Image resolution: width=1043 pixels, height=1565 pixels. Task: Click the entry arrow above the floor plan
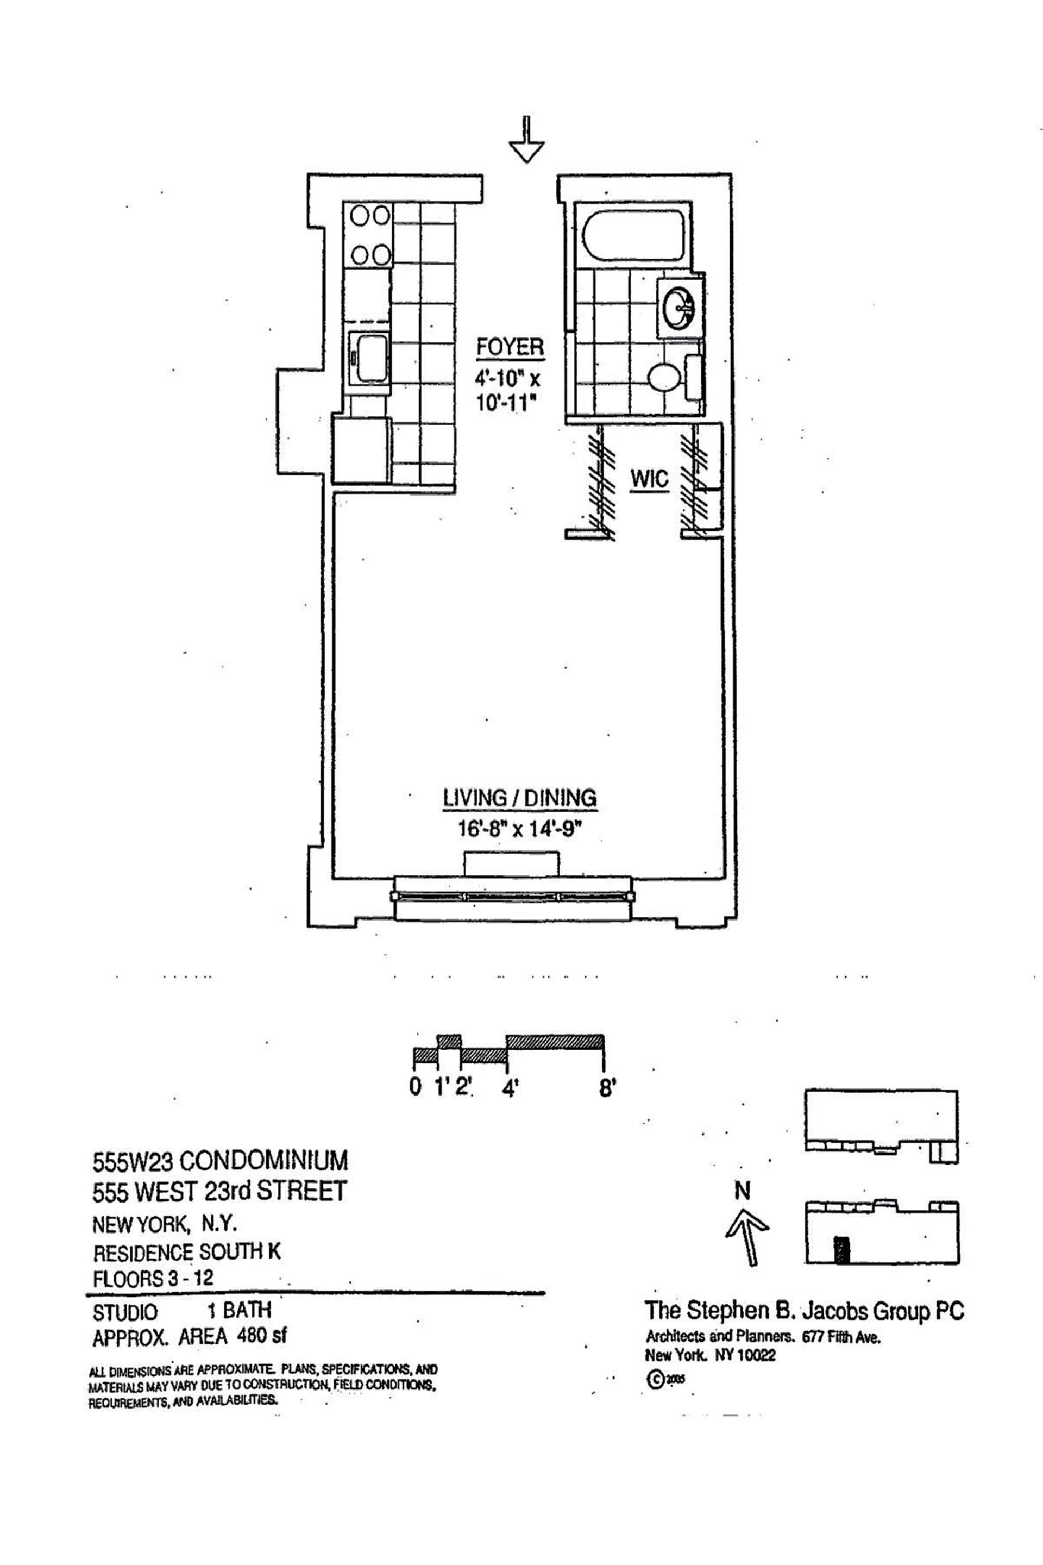(x=526, y=142)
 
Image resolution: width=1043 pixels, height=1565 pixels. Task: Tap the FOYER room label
(x=510, y=348)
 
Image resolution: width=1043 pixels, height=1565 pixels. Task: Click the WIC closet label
(x=649, y=479)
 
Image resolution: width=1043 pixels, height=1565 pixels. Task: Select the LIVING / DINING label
(x=519, y=798)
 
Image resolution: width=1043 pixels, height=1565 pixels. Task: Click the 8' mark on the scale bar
(x=607, y=1089)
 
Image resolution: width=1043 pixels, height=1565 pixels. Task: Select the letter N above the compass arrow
(x=743, y=1191)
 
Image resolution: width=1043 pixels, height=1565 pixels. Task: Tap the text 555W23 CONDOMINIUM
(x=220, y=1161)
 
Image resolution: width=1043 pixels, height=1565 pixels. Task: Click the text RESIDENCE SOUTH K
(x=186, y=1251)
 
